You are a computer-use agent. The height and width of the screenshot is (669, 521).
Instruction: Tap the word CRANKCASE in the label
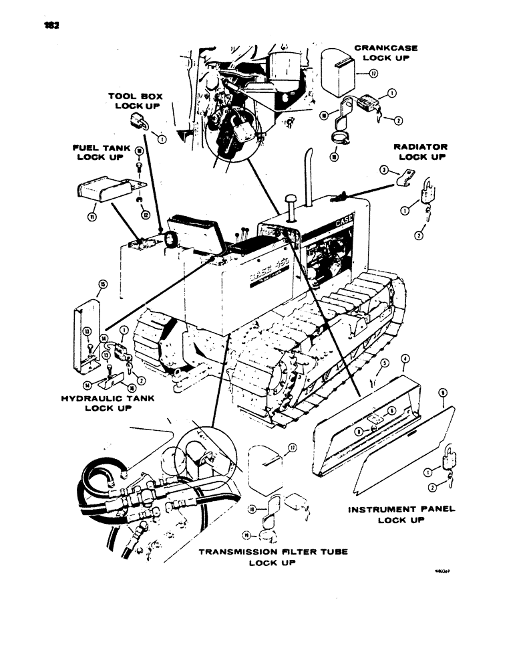pyautogui.click(x=385, y=47)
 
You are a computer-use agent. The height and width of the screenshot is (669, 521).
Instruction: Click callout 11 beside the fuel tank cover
pyautogui.click(x=93, y=217)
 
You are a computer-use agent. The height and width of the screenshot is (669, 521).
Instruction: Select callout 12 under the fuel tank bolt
pyautogui.click(x=143, y=214)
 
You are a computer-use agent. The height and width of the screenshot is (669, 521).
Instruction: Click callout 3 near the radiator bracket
pyautogui.click(x=383, y=171)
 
